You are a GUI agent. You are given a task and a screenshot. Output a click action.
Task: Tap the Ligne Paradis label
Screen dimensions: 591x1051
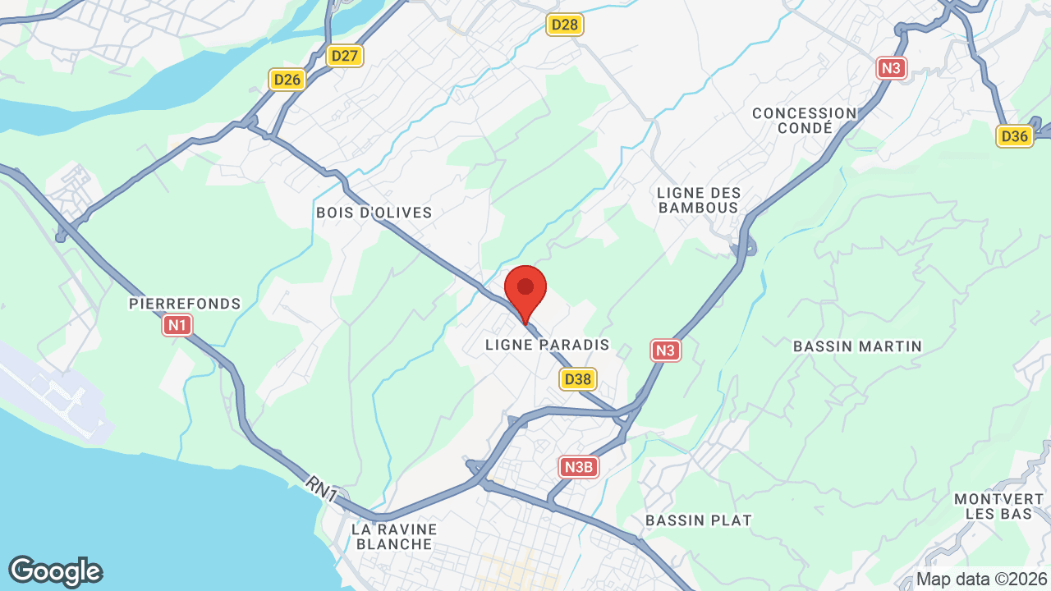click(x=548, y=346)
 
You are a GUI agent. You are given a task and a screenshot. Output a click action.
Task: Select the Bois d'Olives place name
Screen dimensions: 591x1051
click(x=374, y=213)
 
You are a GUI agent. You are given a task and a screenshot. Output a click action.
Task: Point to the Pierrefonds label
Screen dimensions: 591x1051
click(x=185, y=304)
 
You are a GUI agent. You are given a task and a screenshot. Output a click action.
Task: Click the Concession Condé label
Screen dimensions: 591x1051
click(x=804, y=121)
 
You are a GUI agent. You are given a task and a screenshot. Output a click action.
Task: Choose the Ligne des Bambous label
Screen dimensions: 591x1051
click(x=699, y=200)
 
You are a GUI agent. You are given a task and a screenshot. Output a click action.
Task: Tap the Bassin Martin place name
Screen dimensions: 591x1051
click(x=857, y=346)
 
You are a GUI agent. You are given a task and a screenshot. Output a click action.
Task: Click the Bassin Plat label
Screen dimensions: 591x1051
click(x=698, y=520)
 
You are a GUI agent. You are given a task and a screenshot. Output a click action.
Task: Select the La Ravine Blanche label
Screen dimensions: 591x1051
click(x=394, y=536)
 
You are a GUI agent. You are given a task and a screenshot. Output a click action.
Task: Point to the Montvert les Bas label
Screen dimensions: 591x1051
click(x=998, y=506)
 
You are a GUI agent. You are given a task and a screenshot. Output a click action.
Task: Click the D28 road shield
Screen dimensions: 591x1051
click(x=565, y=25)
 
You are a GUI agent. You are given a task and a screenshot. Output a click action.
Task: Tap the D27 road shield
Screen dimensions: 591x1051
click(x=345, y=56)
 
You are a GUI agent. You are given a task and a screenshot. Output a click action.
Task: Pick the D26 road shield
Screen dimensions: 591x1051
click(x=287, y=80)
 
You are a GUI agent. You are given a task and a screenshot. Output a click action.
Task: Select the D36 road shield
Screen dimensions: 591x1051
click(x=1015, y=136)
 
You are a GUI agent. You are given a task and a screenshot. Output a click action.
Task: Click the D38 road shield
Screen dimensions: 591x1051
click(x=578, y=378)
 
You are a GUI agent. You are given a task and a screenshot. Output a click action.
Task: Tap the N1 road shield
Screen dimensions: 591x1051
click(x=177, y=326)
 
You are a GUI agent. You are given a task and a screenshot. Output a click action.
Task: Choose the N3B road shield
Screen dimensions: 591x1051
click(x=579, y=467)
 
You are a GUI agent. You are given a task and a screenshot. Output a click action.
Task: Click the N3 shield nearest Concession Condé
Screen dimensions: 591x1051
click(x=892, y=67)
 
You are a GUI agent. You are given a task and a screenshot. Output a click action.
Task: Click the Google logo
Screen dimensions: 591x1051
click(x=55, y=571)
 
